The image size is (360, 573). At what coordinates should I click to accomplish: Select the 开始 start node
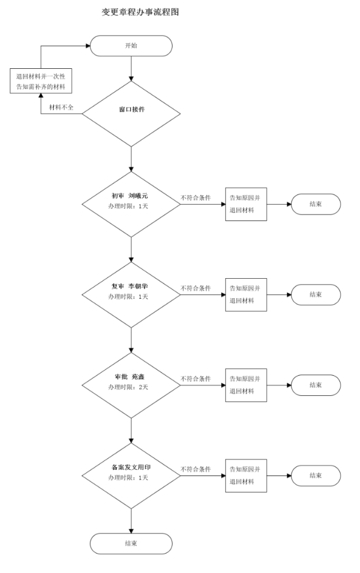pos(131,46)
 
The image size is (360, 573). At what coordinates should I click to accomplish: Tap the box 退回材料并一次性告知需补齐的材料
pos(41,81)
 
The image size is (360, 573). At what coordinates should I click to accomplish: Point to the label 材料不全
pos(61,108)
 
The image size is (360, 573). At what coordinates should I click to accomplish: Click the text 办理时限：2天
pos(128,388)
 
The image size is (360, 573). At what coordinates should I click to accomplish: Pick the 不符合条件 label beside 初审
pos(195,198)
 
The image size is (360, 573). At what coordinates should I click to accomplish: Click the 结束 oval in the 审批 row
pos(315,385)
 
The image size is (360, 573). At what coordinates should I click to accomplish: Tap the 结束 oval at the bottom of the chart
pos(131,543)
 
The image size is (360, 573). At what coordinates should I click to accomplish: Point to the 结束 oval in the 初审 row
pos(315,204)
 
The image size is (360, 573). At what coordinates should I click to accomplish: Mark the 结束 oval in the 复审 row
pos(315,294)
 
